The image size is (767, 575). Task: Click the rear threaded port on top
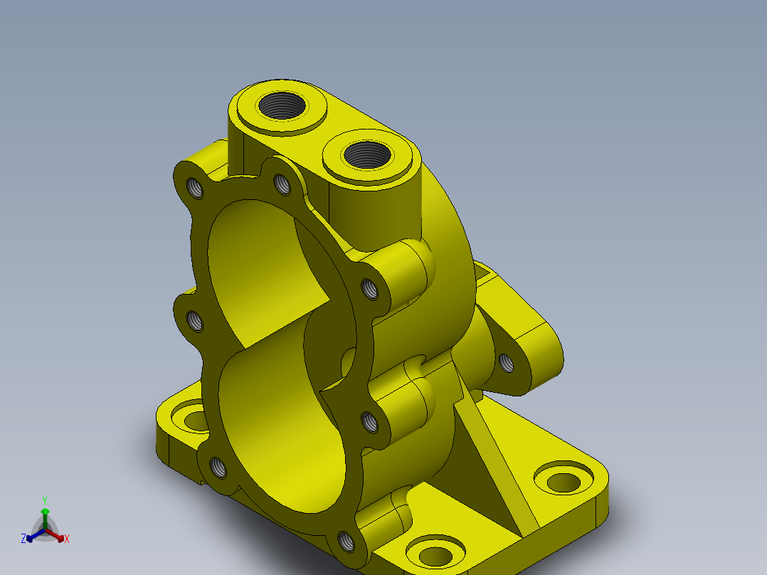click(x=282, y=107)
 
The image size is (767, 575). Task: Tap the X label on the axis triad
click(x=67, y=539)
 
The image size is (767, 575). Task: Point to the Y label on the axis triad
click(x=45, y=500)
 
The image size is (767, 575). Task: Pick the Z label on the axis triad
click(x=23, y=539)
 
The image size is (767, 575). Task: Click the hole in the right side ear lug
click(x=507, y=363)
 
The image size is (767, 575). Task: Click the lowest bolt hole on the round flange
click(x=347, y=542)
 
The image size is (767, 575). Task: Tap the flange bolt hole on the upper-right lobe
click(x=369, y=288)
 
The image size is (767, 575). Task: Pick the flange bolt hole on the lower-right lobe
click(x=370, y=423)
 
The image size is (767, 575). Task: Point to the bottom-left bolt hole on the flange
click(x=218, y=467)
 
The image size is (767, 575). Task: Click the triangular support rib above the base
click(x=498, y=455)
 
